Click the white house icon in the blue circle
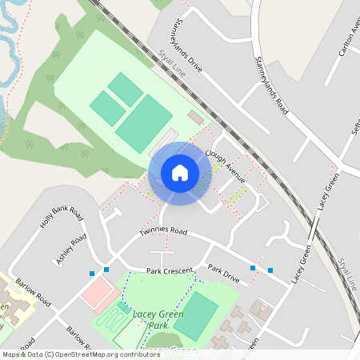[x=179, y=172]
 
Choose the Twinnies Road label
[x=162, y=232]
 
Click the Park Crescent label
[x=170, y=272]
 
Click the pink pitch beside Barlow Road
[x=98, y=292]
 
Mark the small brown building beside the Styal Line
[x=195, y=118]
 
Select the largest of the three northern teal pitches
[x=145, y=121]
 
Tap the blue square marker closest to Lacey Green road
[x=270, y=270]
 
